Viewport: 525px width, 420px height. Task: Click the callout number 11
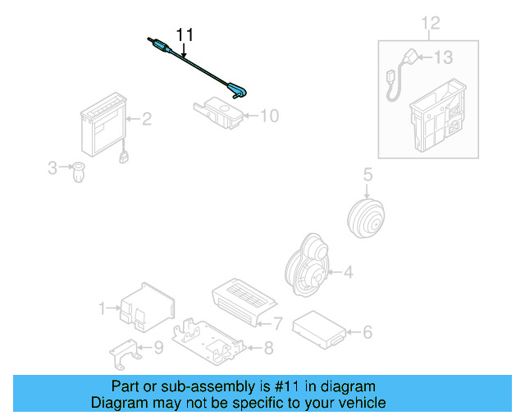point(185,34)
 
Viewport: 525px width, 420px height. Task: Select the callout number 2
point(147,120)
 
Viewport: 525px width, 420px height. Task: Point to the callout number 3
point(52,168)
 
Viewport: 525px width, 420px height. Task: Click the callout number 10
point(269,116)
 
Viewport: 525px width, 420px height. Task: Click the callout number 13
point(443,57)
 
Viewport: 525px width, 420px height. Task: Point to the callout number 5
point(367,174)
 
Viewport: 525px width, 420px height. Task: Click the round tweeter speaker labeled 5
point(365,216)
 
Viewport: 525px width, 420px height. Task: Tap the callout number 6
point(367,331)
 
